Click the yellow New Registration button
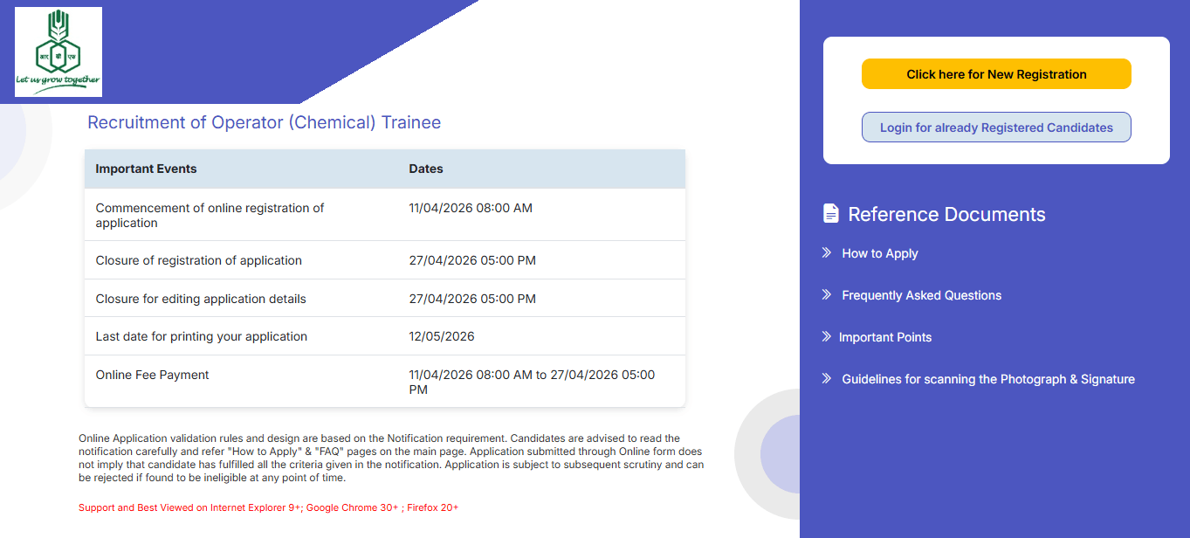(996, 74)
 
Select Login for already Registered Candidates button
(996, 128)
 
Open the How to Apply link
(879, 253)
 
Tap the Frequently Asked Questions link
(921, 295)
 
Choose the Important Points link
(884, 337)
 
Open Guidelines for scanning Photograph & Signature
(987, 379)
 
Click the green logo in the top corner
(58, 52)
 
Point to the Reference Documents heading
(946, 215)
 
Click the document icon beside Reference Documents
(831, 213)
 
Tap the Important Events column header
(146, 169)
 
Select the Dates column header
(426, 169)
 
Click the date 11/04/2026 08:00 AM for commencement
(471, 208)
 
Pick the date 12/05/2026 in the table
(442, 336)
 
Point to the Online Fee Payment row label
(152, 375)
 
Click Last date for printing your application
(201, 336)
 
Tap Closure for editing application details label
(201, 299)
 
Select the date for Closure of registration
(472, 260)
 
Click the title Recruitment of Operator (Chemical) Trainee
(264, 122)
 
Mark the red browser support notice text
(268, 507)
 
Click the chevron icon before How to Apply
(827, 252)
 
